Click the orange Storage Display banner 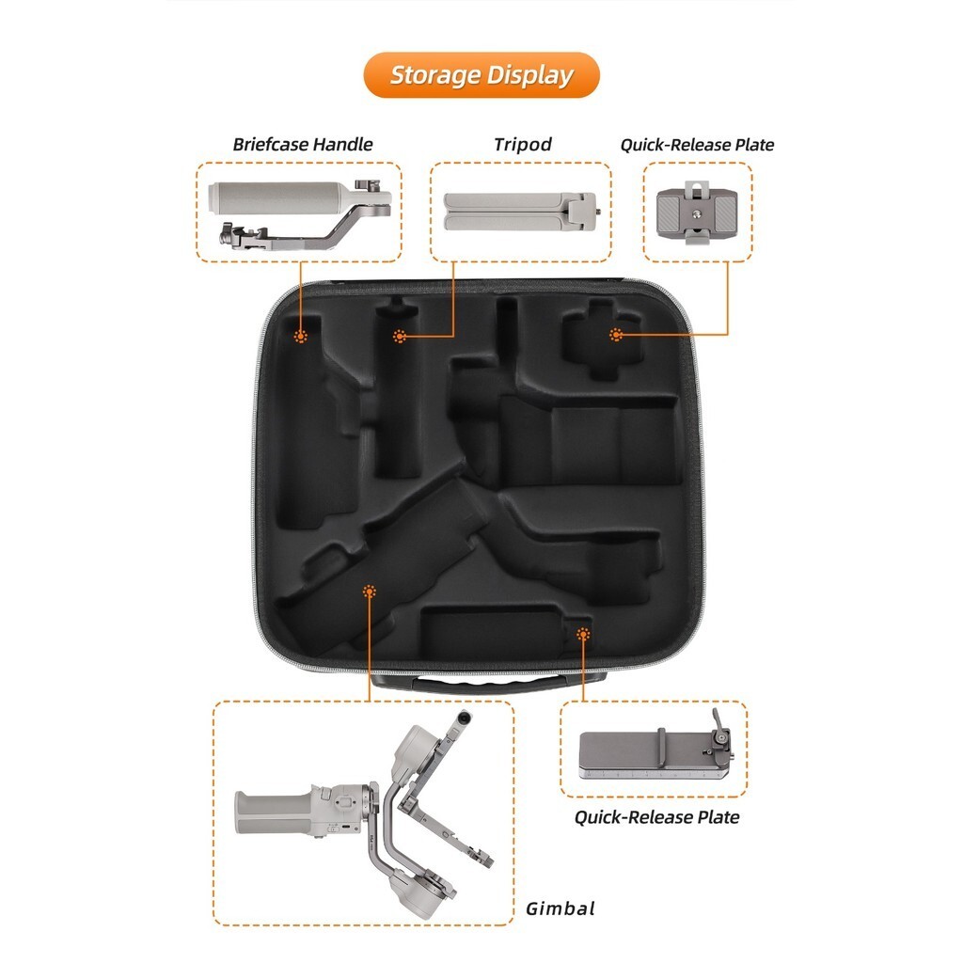point(481,75)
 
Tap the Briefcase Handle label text point(303,145)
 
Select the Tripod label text point(522,145)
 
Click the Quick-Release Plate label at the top point(697,145)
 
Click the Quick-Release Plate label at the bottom point(656,817)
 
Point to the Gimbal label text point(560,908)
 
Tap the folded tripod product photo point(520,212)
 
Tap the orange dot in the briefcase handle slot point(301,336)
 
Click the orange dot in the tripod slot point(401,336)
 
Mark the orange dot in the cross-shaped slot point(616,335)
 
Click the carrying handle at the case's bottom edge point(489,684)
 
